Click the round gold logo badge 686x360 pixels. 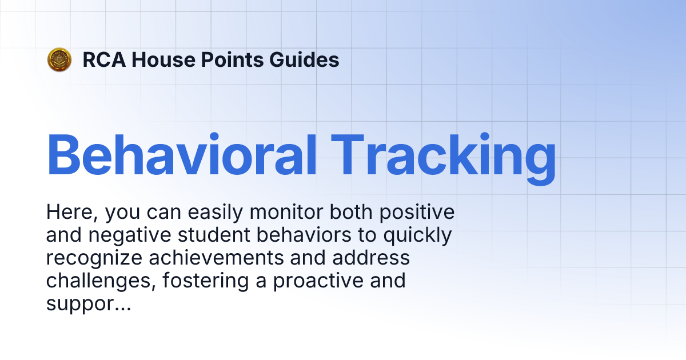[x=59, y=59]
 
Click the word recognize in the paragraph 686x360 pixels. [x=94, y=259]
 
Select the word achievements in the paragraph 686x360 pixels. [x=216, y=258]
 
